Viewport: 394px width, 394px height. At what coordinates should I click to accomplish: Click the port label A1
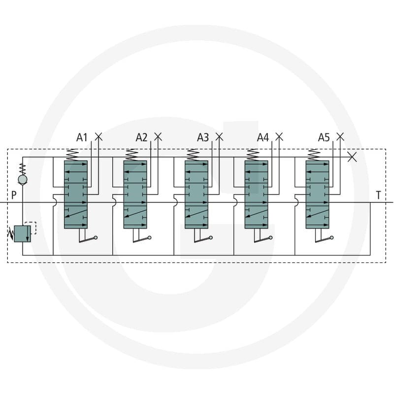click(x=82, y=137)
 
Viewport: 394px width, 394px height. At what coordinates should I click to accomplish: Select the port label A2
click(x=141, y=137)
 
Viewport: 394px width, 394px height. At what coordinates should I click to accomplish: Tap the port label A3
click(x=203, y=137)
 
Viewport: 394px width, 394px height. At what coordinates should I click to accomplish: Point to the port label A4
click(x=263, y=137)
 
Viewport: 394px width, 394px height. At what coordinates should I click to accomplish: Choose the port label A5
click(x=324, y=137)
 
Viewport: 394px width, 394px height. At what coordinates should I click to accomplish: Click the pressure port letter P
click(x=14, y=195)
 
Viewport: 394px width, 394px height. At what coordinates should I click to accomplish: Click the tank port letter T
click(x=378, y=195)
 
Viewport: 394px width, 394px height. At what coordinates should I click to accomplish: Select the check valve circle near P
click(x=23, y=179)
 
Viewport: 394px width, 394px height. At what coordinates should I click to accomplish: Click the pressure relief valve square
click(x=23, y=233)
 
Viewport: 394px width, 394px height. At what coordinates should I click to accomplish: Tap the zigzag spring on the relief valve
click(x=10, y=233)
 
